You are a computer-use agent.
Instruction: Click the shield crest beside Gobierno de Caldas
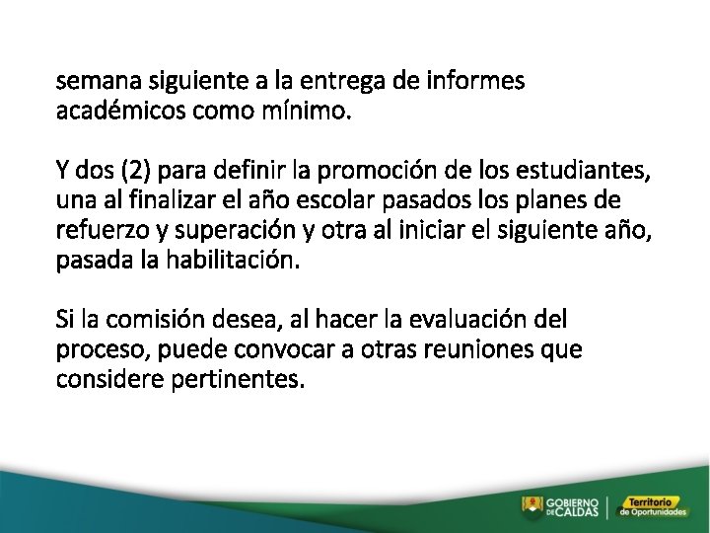(532, 506)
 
